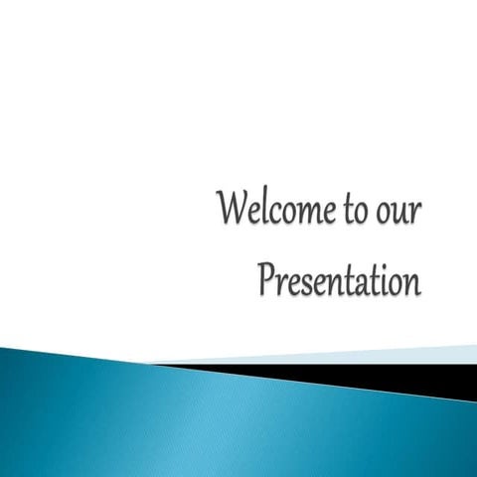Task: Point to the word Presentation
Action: [339, 279]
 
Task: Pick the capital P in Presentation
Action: [265, 278]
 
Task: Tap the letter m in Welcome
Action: [317, 215]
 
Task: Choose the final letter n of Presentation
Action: [411, 282]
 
